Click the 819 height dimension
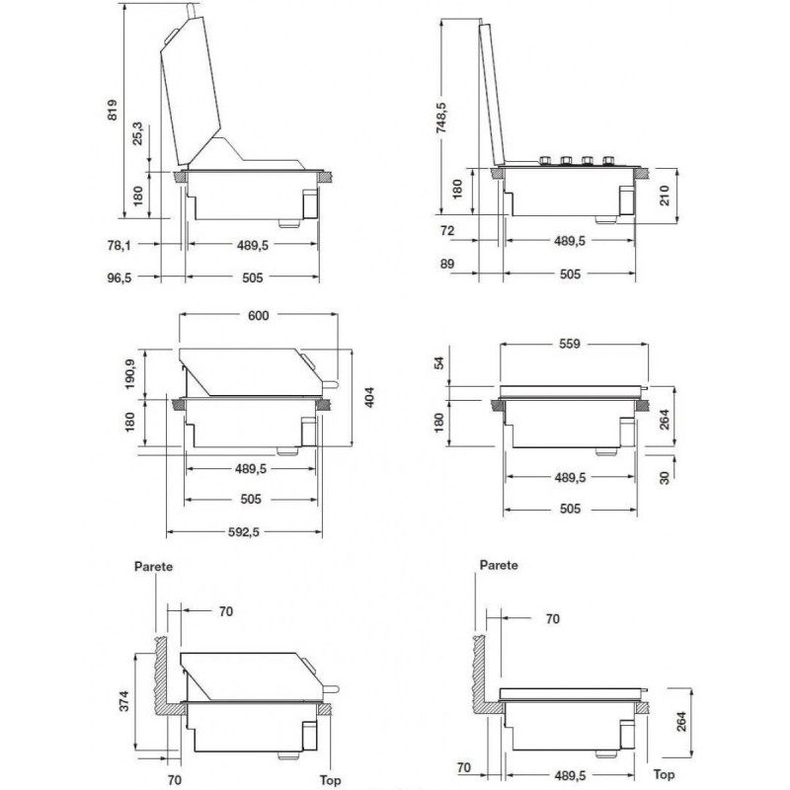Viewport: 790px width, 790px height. point(113,110)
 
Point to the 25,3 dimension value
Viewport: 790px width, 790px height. point(137,133)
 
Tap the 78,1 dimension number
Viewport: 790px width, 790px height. point(118,245)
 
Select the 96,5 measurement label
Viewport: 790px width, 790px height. point(118,277)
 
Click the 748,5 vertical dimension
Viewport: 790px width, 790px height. point(440,118)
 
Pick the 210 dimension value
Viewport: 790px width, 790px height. point(665,196)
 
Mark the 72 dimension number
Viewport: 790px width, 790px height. point(447,231)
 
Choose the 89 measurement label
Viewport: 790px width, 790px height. point(447,264)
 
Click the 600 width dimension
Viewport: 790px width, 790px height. point(259,315)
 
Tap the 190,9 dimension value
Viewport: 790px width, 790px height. point(130,374)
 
